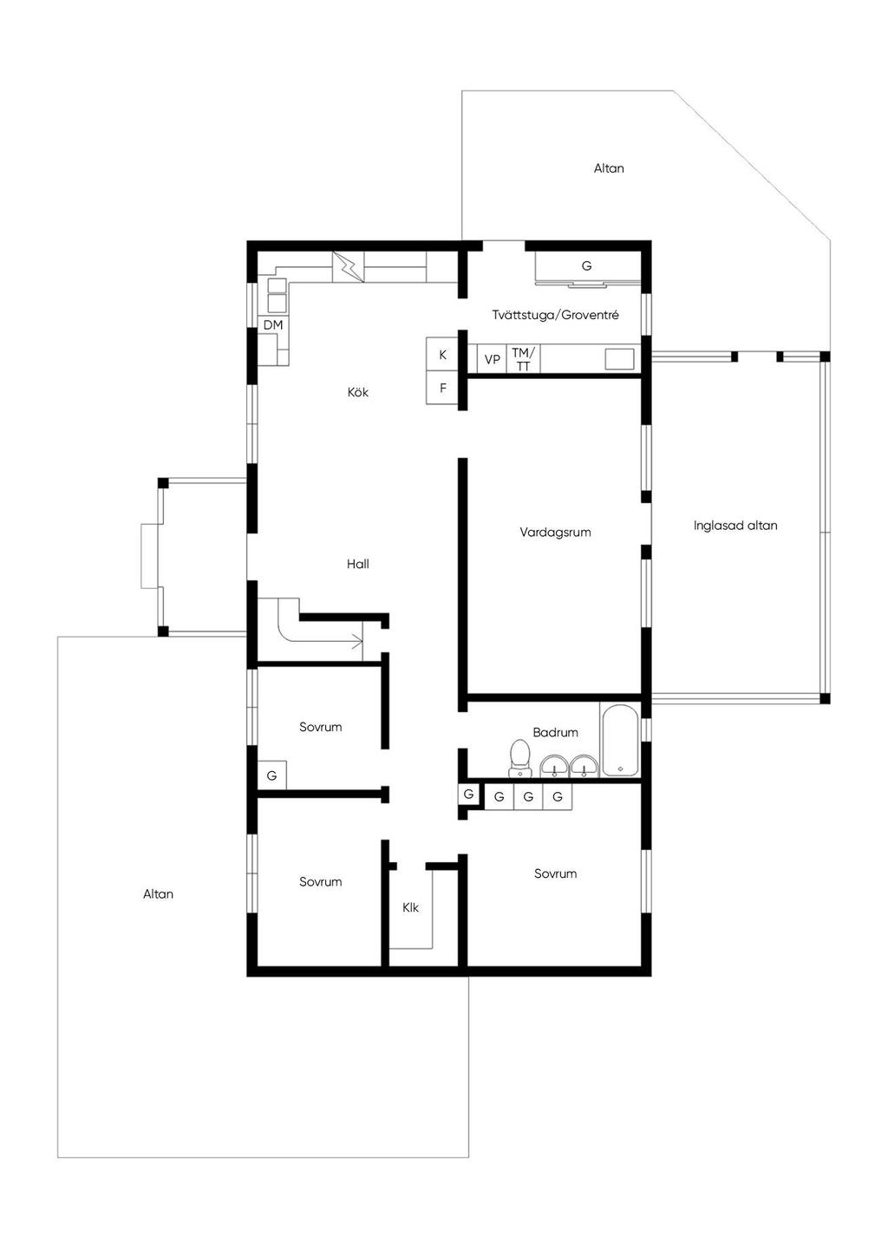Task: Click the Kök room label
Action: pos(357,392)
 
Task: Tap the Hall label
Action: pos(357,564)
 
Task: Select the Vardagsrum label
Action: pos(555,533)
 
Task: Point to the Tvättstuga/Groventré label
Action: pos(556,315)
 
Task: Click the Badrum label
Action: pos(555,732)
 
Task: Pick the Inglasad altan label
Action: pos(735,526)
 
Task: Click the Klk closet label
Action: pos(410,907)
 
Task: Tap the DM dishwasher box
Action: pos(273,324)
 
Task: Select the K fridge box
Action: pos(442,355)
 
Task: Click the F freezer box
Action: pos(442,388)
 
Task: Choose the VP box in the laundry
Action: pos(492,359)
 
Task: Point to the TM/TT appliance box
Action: pos(523,359)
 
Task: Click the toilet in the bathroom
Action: pos(520,758)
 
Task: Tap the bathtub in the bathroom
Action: pos(619,740)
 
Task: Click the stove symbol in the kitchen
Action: pos(348,267)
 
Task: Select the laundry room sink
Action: pos(619,359)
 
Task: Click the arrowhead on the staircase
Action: pos(357,642)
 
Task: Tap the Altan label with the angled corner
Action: pos(609,168)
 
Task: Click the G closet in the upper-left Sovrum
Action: pos(272,775)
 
